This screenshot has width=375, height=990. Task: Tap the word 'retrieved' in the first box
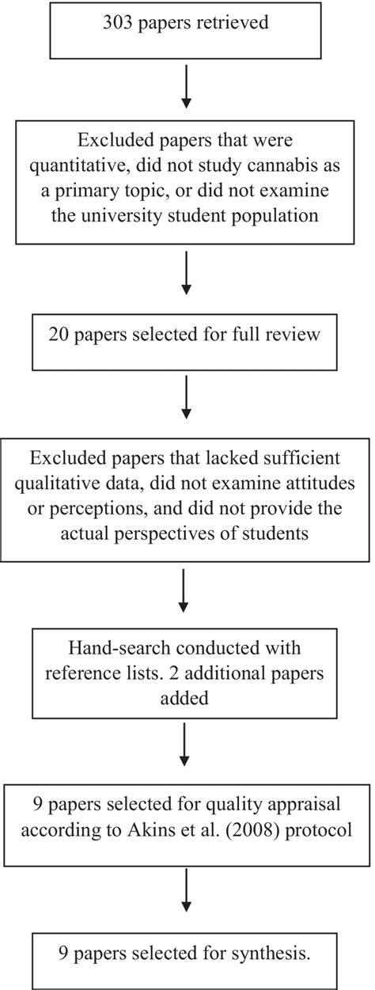[233, 22]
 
